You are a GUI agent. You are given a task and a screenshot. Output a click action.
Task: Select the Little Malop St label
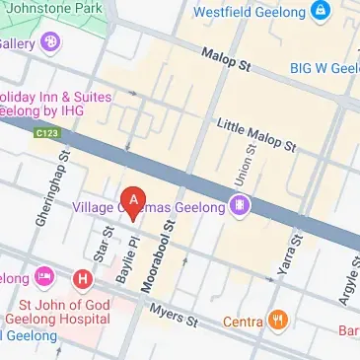(x=256, y=136)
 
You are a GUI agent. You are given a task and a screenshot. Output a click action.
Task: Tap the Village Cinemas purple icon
(x=239, y=205)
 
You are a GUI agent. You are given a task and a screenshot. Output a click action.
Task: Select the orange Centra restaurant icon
(x=280, y=321)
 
